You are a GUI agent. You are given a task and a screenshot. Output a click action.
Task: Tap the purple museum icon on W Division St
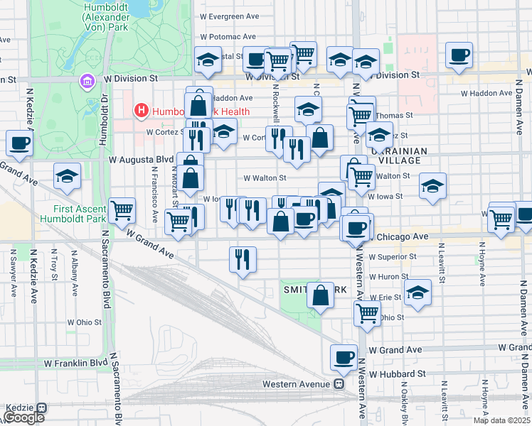(x=87, y=82)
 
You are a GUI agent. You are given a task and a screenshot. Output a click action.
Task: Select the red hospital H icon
(x=141, y=111)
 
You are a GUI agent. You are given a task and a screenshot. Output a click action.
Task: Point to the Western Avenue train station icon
(x=340, y=384)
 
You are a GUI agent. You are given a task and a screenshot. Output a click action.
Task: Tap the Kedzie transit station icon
(x=41, y=408)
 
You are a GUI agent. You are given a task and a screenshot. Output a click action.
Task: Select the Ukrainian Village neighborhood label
(x=398, y=155)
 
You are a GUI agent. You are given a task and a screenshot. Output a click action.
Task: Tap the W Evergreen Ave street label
(x=228, y=15)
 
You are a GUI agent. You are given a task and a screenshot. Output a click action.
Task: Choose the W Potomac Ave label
(x=228, y=36)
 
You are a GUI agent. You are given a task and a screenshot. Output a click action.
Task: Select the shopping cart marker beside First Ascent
(x=122, y=209)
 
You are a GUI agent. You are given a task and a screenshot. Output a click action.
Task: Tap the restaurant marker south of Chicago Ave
(x=243, y=259)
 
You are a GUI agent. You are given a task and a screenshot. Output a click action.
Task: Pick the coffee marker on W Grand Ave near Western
(x=344, y=357)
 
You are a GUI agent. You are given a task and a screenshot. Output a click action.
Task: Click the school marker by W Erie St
(x=417, y=291)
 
